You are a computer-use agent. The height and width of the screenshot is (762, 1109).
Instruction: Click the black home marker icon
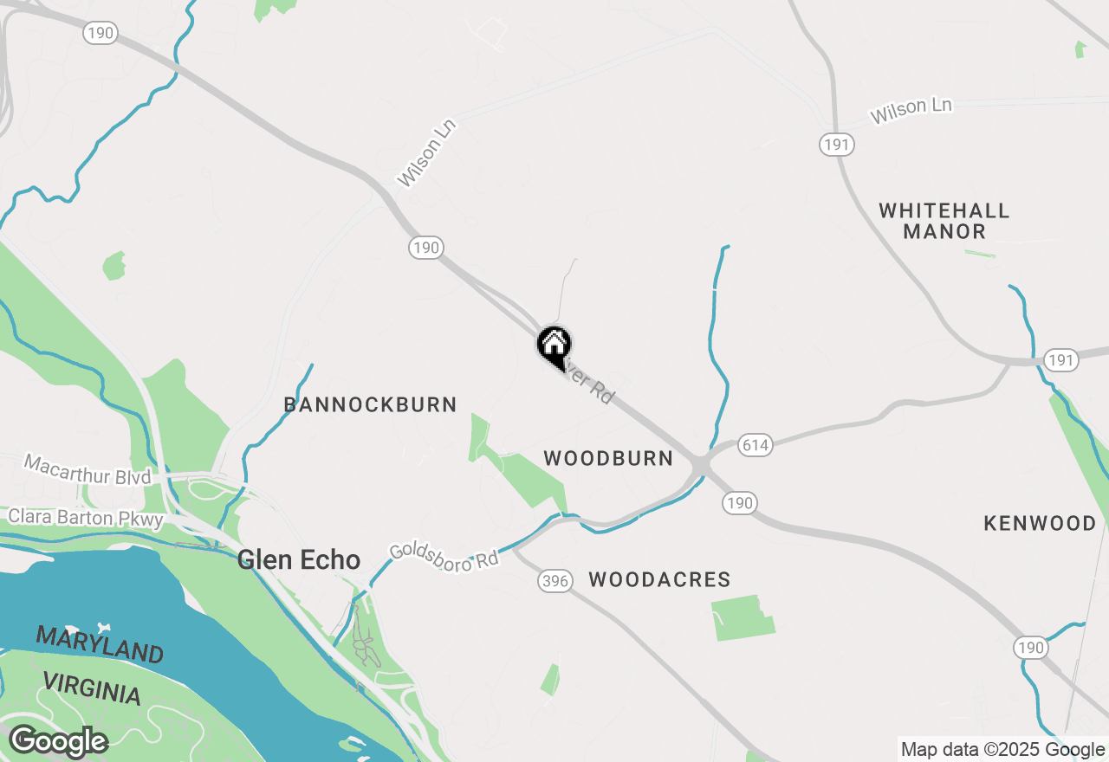[x=554, y=346]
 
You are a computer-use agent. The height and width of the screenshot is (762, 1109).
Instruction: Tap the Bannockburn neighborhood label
[x=370, y=404]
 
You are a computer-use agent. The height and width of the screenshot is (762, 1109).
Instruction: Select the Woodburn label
[x=608, y=459]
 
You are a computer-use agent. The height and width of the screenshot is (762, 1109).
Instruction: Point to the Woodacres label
[x=659, y=579]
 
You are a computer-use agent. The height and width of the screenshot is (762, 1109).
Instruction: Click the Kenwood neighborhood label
[x=1040, y=523]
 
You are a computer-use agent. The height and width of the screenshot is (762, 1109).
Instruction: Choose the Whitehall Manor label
[x=944, y=221]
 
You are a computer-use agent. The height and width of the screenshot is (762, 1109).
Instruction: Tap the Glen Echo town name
[x=299, y=559]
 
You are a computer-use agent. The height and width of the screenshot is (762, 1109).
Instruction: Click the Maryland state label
[x=100, y=645]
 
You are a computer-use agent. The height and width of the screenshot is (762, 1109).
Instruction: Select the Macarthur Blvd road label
[x=87, y=470]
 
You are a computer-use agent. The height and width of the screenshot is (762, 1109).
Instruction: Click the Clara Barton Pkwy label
[x=85, y=518]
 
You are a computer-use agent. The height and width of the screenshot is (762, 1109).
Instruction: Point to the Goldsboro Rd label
[x=444, y=555]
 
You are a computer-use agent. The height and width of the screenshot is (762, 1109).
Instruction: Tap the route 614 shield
[x=755, y=445]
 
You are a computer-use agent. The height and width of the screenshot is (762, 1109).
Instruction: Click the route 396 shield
[x=554, y=581]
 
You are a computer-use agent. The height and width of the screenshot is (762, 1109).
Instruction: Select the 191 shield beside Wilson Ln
[x=836, y=145]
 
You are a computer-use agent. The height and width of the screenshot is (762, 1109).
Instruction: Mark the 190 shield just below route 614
[x=740, y=503]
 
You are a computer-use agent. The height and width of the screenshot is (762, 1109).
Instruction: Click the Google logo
[x=57, y=741]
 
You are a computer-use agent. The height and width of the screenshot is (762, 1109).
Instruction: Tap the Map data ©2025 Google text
[x=1002, y=750]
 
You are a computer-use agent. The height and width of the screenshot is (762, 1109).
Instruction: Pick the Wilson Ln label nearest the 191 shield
[x=911, y=110]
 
